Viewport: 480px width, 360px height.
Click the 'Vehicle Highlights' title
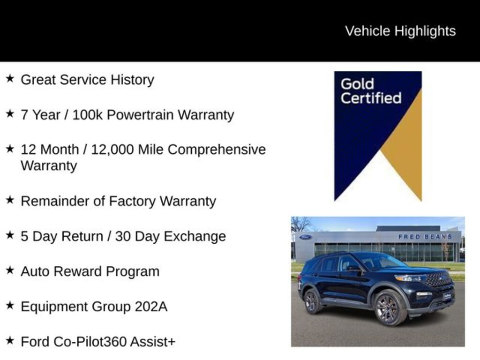(400, 31)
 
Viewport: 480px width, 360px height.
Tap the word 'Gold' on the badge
(357, 84)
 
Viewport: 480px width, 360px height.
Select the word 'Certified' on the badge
(371, 98)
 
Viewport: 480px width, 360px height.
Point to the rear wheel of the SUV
(312, 301)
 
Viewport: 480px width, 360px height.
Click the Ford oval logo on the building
(305, 237)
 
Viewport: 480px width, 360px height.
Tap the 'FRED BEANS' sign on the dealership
(425, 237)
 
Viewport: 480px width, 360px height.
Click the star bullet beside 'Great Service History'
(10, 78)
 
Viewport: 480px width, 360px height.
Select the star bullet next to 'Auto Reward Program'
(10, 270)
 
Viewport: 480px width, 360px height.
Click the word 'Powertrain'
(140, 115)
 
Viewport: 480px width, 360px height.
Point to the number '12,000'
(112, 150)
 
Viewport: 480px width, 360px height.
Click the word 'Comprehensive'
(217, 150)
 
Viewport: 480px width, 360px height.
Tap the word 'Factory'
(132, 202)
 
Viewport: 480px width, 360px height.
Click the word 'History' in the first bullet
(132, 80)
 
